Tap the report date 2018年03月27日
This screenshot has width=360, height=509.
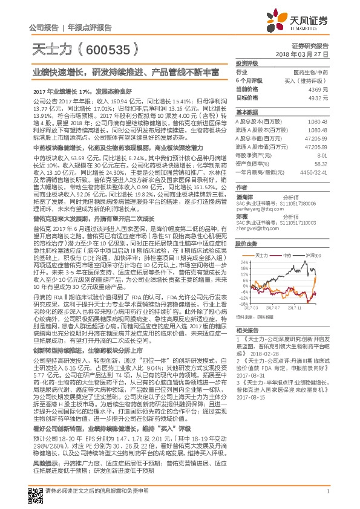[309, 53]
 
